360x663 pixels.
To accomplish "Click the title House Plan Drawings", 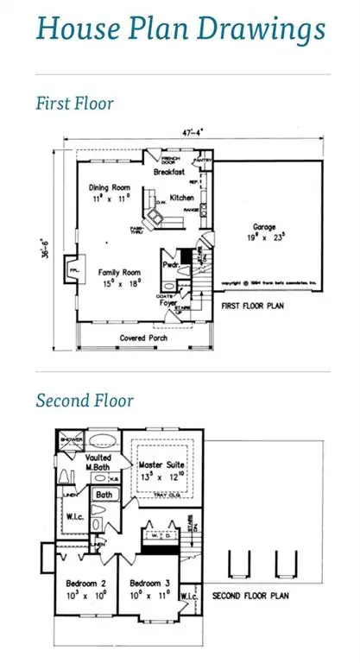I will [180, 28].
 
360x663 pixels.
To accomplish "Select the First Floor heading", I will [74, 104].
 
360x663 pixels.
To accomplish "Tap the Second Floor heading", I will [85, 401].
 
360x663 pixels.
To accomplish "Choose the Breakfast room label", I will [170, 173].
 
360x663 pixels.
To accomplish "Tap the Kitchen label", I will [181, 198].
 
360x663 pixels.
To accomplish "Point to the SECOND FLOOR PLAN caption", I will [250, 596].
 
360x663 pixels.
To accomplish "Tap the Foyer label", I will [167, 303].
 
